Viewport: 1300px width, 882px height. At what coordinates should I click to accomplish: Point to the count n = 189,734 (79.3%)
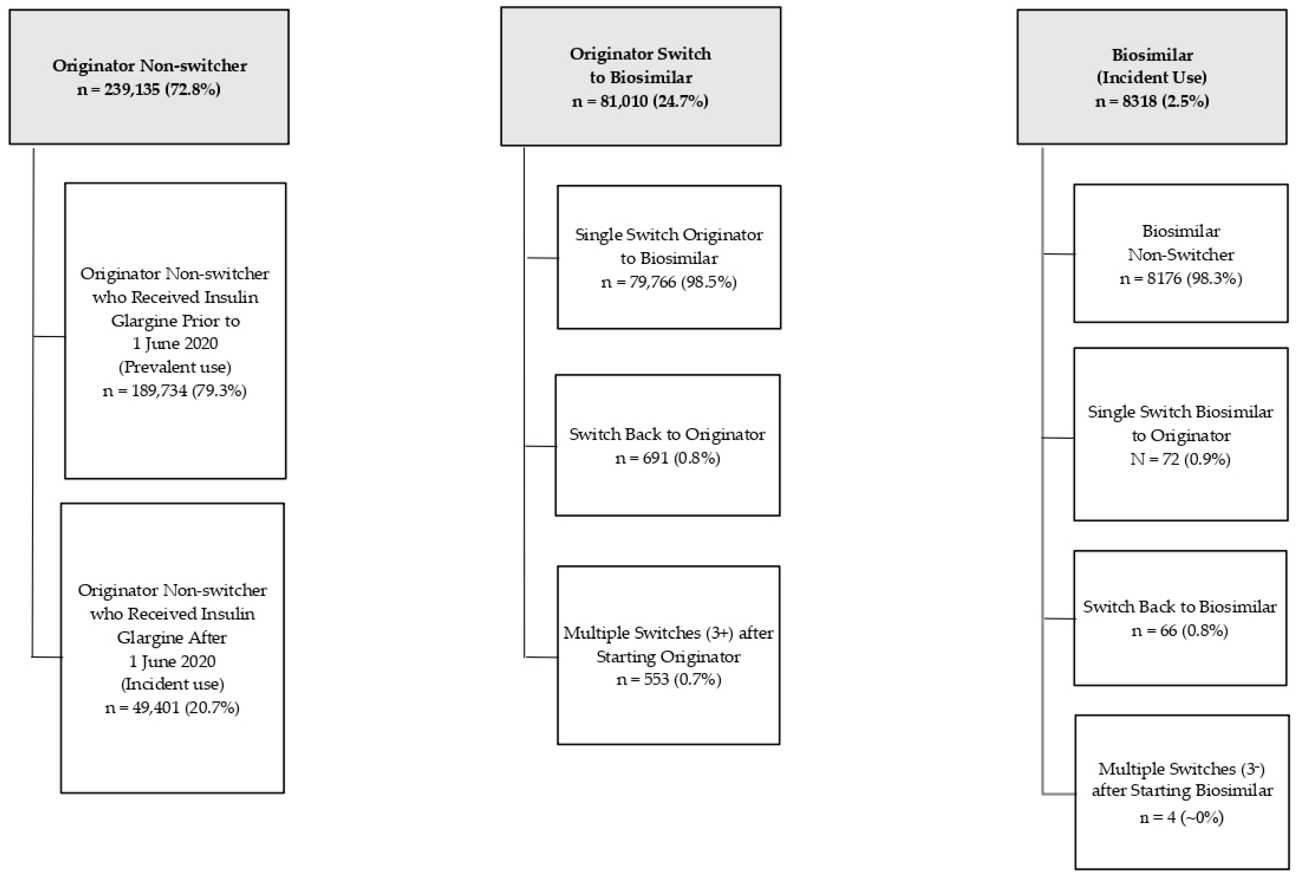pos(174,391)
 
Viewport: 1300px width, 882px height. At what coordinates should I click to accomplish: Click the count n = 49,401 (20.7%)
pos(172,708)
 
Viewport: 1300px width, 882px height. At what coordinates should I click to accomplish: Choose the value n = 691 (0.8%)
pos(667,458)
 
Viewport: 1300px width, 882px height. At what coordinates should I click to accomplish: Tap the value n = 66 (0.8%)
pos(1180,631)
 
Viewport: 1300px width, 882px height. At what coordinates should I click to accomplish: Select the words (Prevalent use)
pos(174,367)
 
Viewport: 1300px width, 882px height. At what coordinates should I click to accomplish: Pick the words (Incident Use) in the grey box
pos(1152,77)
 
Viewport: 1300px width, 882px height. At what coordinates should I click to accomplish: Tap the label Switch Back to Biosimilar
pos(1180,607)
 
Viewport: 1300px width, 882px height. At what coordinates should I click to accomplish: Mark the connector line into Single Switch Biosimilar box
pos(1058,438)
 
